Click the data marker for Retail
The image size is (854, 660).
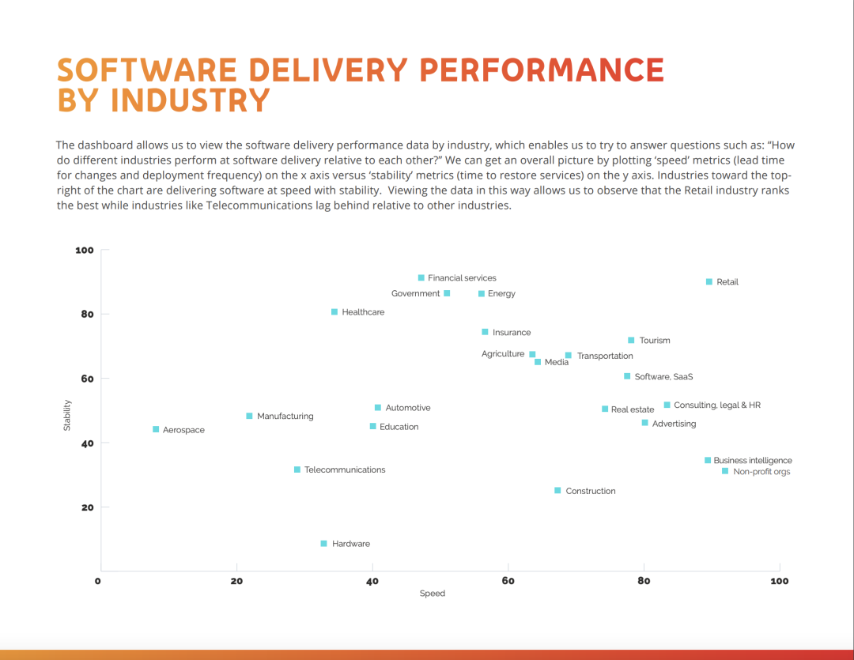point(709,281)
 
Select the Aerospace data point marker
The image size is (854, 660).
point(156,429)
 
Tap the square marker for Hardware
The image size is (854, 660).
point(323,543)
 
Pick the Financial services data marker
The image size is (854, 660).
point(421,277)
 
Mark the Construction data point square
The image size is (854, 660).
point(557,490)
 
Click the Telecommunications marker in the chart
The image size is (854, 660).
point(297,470)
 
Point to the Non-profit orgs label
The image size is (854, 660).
point(761,472)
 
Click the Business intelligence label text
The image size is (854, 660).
point(752,460)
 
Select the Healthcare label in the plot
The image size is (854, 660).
point(363,312)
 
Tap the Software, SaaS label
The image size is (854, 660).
point(663,377)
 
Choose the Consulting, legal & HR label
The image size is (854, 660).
point(716,405)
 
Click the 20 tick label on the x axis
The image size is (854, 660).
point(236,581)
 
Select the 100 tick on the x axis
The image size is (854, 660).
point(779,581)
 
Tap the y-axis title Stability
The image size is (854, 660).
point(67,415)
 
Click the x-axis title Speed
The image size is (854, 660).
point(433,594)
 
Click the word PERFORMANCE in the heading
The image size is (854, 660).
point(542,70)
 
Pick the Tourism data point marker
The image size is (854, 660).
point(631,340)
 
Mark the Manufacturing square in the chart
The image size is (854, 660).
point(249,416)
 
